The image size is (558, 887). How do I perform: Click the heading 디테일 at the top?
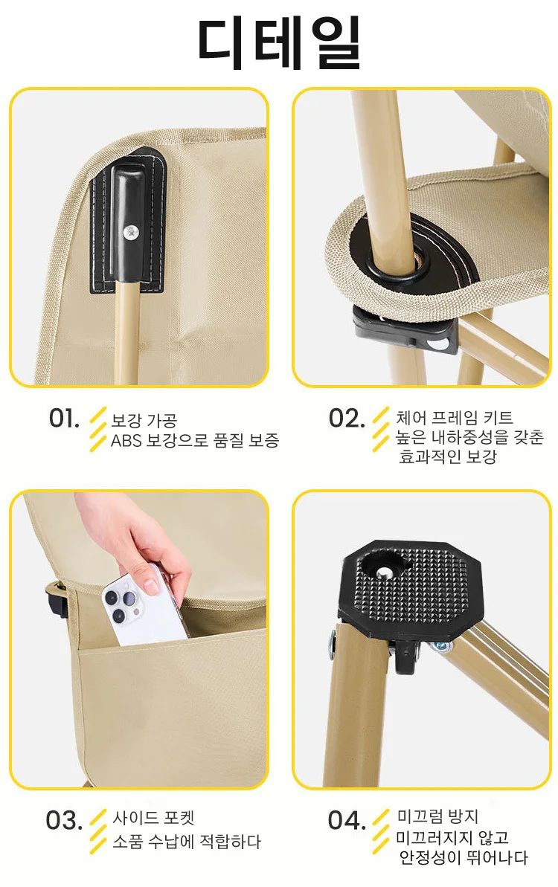[x=279, y=44]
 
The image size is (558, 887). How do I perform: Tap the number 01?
[x=64, y=419]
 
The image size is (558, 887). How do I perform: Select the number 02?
[x=347, y=419]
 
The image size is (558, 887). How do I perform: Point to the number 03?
[x=64, y=820]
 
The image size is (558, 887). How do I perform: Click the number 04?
[x=347, y=820]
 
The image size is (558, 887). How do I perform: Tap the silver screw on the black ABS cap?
[x=131, y=230]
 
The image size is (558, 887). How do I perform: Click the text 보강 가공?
[x=144, y=420]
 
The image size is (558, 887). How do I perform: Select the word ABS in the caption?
[x=126, y=441]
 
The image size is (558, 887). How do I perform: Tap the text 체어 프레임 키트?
[x=455, y=418]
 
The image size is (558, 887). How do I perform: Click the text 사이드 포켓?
[x=153, y=818]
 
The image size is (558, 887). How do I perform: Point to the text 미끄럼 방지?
[x=437, y=816]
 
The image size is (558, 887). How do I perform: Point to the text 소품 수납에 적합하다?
[x=187, y=842]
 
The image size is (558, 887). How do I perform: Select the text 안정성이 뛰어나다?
[x=464, y=857]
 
